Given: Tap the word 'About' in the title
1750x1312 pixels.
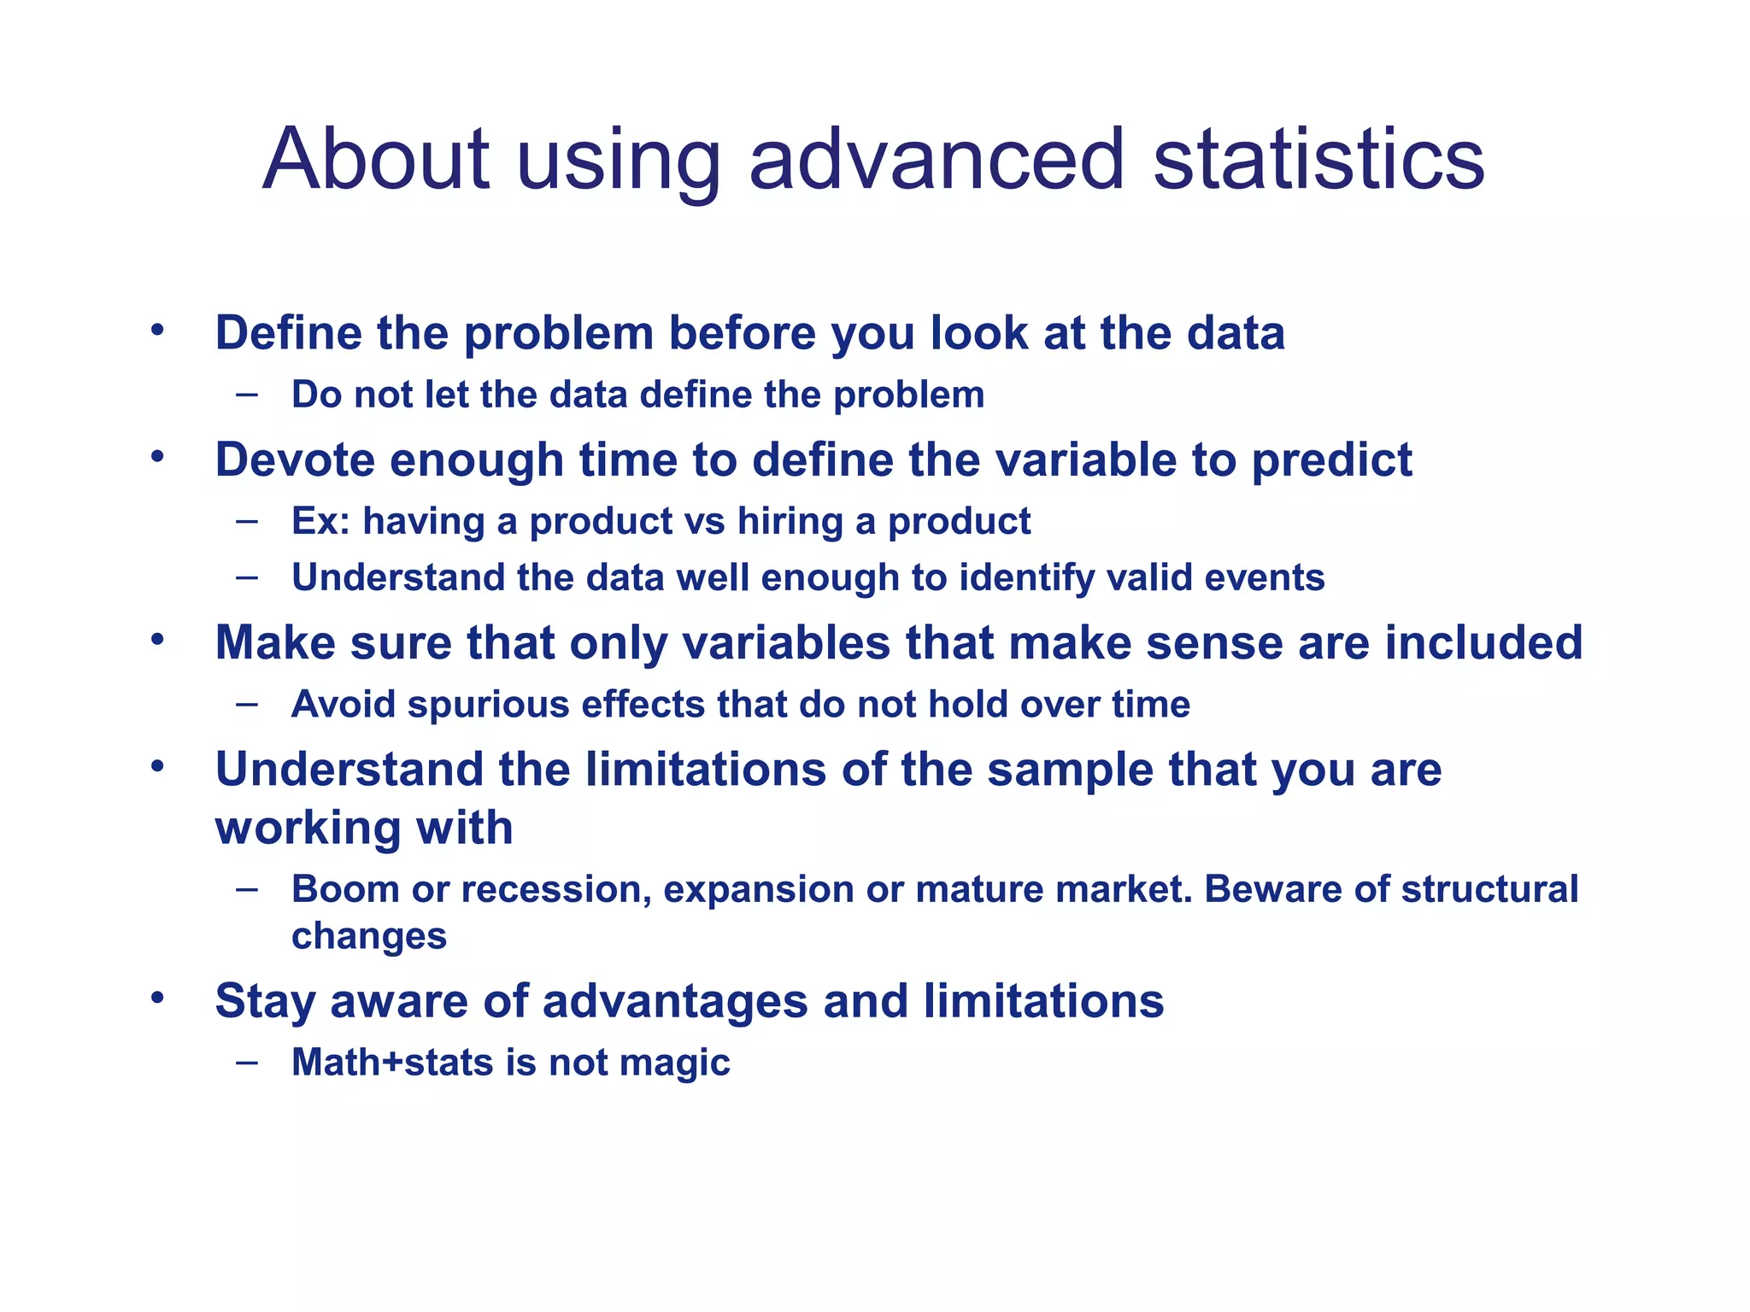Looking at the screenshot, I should [x=375, y=160].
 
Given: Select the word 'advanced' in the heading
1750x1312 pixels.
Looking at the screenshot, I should [x=937, y=160].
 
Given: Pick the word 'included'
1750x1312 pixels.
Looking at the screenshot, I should [x=1483, y=642].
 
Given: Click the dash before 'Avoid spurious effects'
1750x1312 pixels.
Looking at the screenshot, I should [x=247, y=704].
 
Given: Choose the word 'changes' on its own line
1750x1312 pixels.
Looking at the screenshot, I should [x=368, y=937].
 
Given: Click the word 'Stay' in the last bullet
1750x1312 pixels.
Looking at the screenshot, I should [x=265, y=1002].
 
